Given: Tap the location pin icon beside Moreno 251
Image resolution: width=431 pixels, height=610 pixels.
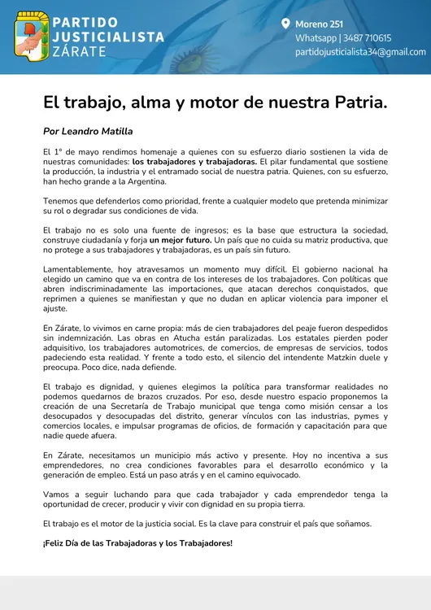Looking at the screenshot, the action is pos(285,24).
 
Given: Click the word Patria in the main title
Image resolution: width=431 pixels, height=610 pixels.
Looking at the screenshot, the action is pos(360,103).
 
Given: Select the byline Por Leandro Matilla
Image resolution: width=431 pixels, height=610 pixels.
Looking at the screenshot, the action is pos(88,131).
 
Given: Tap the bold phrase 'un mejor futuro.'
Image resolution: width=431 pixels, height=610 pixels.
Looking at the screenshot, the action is pos(180,241).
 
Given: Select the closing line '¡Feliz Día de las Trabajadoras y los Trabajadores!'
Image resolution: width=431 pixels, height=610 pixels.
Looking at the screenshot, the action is pos(137,543).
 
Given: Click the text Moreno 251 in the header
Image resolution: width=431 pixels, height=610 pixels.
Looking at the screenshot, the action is pos(319,24).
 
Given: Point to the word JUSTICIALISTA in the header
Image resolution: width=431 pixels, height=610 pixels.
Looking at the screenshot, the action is pos(108,37).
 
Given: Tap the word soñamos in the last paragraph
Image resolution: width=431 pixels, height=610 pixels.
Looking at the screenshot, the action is pos(350,524).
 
